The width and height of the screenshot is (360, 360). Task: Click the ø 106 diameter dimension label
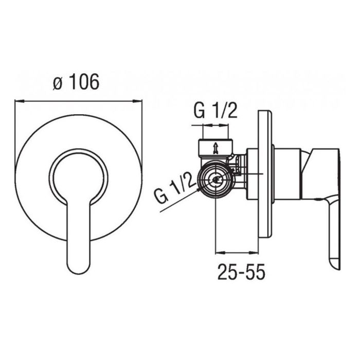tap(76, 81)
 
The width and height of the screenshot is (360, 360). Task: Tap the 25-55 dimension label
tap(241, 272)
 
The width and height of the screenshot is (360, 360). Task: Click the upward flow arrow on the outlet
tap(215, 148)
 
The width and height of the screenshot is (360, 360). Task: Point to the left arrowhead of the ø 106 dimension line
tap(20, 101)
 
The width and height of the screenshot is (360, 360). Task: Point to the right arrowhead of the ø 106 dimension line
tap(137, 101)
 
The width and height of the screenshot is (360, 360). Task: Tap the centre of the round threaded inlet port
tap(215, 180)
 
